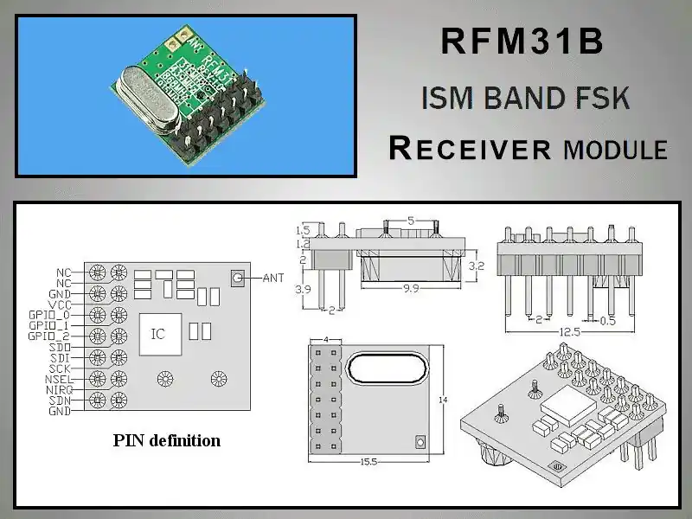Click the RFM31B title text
(x=522, y=42)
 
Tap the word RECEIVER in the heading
(x=471, y=148)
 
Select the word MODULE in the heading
(x=615, y=150)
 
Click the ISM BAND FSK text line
(x=525, y=98)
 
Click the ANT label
(x=272, y=278)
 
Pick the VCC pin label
(x=60, y=304)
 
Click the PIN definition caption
(x=167, y=440)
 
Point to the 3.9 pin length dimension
(x=303, y=289)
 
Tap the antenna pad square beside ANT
(x=236, y=278)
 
